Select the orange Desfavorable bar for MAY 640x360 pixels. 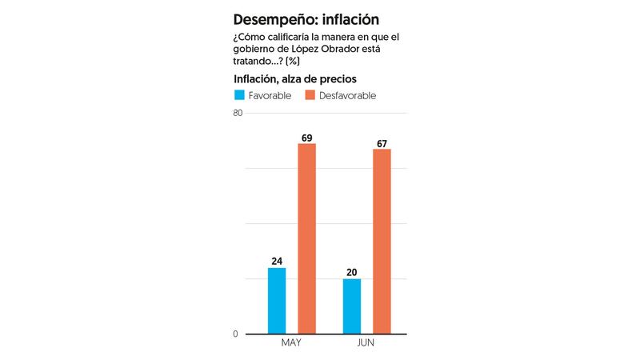[306, 238]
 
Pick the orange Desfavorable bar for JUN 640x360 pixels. [382, 241]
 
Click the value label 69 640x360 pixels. [306, 138]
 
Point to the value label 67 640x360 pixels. [382, 143]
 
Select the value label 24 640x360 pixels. [277, 262]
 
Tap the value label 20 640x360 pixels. [352, 273]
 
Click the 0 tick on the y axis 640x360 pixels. [236, 334]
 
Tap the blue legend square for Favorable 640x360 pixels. [238, 95]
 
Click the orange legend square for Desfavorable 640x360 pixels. [310, 95]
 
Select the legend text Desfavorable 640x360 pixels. [348, 96]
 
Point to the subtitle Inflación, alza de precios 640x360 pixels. [294, 78]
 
